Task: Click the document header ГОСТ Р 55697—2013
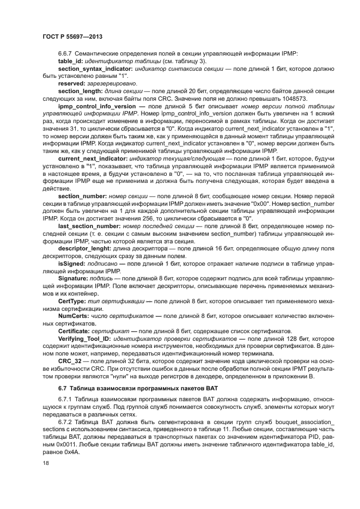pyautogui.click(x=72, y=37)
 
